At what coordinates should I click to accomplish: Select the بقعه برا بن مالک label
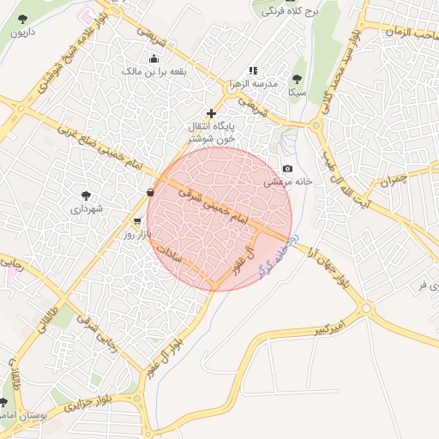click(x=155, y=73)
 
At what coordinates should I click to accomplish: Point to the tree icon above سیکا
click(x=298, y=76)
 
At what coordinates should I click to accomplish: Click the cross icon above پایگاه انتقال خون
click(x=211, y=113)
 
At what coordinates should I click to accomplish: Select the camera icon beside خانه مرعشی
click(x=287, y=169)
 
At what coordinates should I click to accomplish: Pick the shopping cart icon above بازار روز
click(x=137, y=221)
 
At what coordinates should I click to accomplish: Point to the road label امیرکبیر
click(x=331, y=328)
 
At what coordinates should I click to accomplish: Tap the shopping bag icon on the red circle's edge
click(x=151, y=191)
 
